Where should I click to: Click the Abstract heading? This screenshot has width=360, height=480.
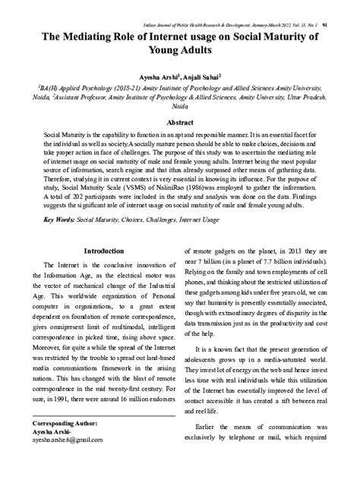coord(180,122)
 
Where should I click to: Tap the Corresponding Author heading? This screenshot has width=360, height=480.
coord(64,422)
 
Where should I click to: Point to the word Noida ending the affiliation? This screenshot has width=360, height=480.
coord(181,106)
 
